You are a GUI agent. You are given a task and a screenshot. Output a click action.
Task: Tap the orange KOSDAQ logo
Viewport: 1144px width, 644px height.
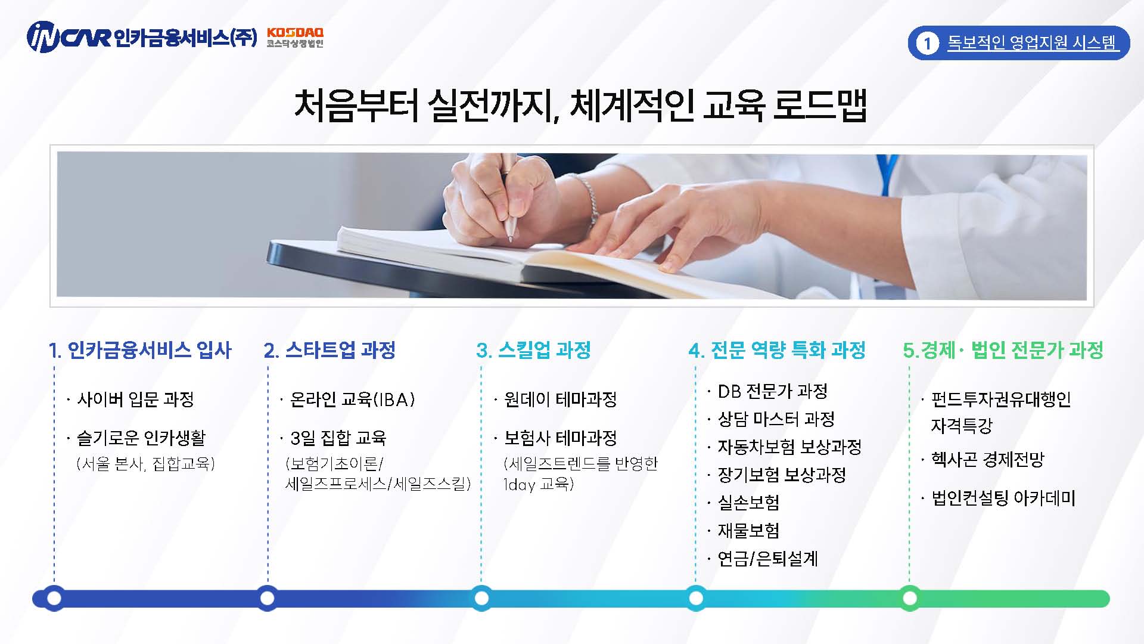coord(296,38)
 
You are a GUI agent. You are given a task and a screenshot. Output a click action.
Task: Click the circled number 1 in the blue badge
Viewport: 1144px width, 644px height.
coord(927,43)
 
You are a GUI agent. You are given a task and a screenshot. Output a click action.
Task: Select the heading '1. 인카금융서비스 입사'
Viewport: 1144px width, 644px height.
coord(140,350)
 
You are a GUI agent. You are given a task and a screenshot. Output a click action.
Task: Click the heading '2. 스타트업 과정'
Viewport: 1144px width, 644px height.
coord(329,350)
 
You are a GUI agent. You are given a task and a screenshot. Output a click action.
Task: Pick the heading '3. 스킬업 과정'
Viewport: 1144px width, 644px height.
coord(533,350)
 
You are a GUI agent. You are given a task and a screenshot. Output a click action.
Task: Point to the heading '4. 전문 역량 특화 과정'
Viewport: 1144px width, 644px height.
coord(777,350)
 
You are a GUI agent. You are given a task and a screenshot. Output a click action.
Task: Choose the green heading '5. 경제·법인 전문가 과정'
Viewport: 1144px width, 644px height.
coord(1003,350)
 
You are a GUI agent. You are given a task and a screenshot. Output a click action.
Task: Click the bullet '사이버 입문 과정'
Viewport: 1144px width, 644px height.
coord(135,399)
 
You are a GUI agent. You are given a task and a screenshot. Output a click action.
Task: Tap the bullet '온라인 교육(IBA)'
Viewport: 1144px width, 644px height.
coord(352,399)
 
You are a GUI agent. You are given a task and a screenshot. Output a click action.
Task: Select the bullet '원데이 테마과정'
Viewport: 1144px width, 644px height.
coord(560,399)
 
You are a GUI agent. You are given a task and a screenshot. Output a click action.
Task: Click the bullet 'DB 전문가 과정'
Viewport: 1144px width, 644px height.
coord(773,391)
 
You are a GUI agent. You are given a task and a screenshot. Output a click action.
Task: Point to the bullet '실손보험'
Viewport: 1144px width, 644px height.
coord(748,503)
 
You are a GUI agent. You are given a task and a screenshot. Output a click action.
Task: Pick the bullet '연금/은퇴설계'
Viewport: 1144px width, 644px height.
coord(767,559)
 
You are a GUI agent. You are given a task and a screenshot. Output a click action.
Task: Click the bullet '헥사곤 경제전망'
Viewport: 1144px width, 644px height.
coord(988,459)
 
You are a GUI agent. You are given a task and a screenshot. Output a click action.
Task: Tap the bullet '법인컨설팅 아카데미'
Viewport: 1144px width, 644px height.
coord(1003,498)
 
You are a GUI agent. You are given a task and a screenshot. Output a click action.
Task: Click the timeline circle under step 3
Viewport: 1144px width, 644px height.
coord(481,598)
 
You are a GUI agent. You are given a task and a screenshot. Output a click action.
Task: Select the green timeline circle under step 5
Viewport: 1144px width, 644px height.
coord(909,598)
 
